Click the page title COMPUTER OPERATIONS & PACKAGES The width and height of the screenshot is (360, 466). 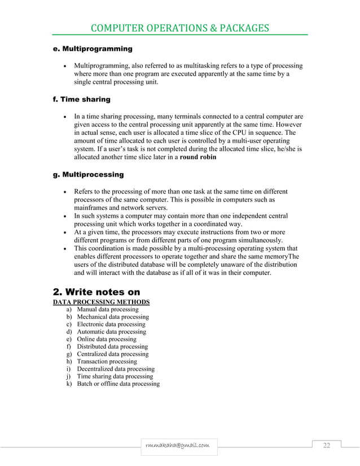click(180, 28)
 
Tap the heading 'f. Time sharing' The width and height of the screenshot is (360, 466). click(78, 99)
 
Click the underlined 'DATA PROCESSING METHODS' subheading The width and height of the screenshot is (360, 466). click(101, 303)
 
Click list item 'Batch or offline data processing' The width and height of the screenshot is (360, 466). click(118, 384)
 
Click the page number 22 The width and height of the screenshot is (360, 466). click(326, 446)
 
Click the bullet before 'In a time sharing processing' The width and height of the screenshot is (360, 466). click(65, 117)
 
